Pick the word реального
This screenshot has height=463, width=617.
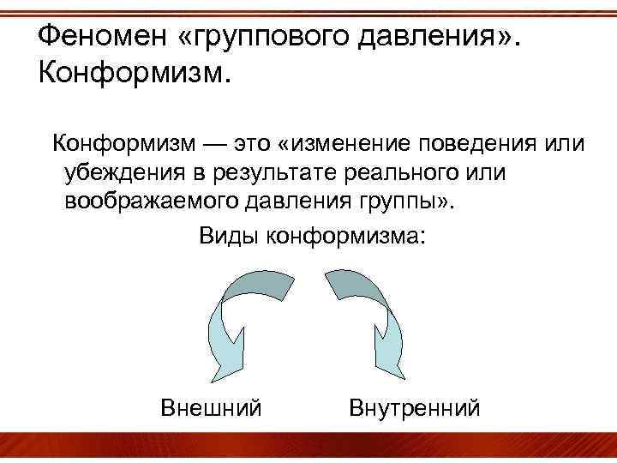point(406,172)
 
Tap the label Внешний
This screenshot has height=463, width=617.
point(211,406)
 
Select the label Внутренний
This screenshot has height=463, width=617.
point(415,406)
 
